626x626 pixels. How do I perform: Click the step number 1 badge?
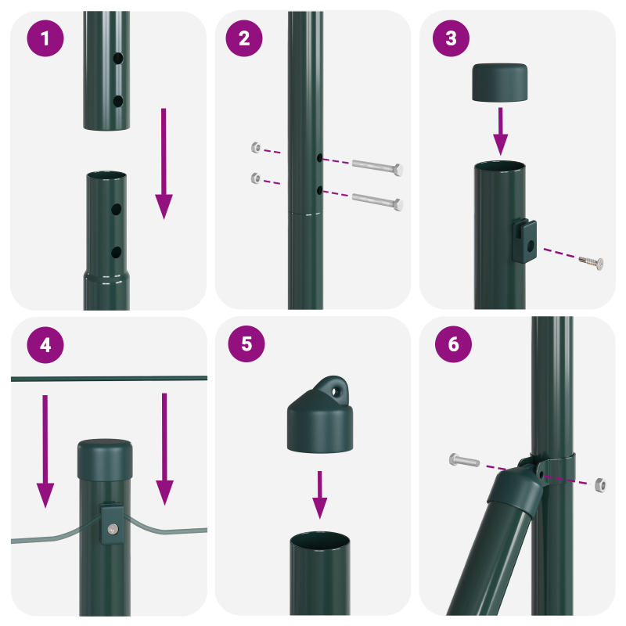point(45,39)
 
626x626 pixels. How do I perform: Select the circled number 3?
point(451,39)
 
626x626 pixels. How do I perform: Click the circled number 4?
point(45,345)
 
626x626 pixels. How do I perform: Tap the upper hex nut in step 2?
point(254,148)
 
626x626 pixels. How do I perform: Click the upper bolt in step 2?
point(378,166)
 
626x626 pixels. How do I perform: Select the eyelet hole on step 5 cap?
point(337,387)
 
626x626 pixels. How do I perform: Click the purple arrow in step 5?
point(319,494)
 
